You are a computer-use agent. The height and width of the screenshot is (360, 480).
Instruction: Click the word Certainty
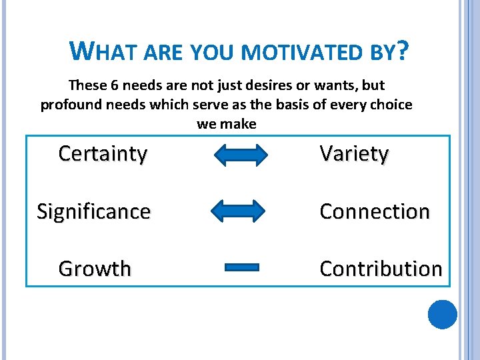point(103,154)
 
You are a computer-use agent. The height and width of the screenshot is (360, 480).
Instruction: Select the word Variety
point(354,154)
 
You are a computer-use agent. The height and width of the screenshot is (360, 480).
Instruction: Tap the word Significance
point(94,211)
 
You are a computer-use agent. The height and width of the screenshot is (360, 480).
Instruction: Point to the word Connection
point(375,211)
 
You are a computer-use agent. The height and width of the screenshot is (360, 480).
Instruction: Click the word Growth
point(95,269)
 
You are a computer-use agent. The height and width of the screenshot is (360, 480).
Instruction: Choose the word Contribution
point(381,269)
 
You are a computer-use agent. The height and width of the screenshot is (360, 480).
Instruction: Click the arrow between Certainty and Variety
point(241,155)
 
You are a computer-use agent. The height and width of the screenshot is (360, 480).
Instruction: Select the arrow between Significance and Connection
point(238,211)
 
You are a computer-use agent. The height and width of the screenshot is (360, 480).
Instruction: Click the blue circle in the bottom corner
point(442,314)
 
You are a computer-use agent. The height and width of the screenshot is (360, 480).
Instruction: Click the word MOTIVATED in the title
point(294,52)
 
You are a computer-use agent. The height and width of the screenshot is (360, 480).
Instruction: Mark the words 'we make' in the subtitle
point(227,125)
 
